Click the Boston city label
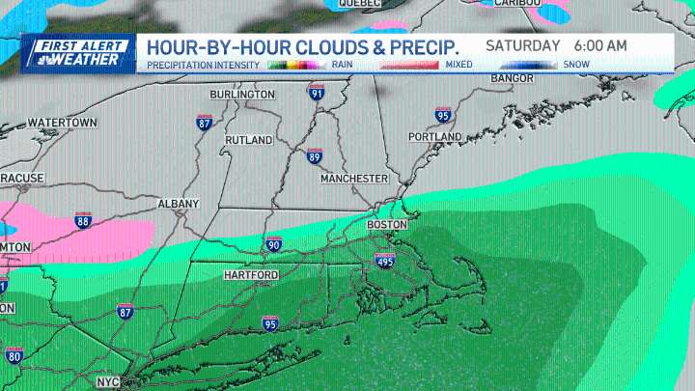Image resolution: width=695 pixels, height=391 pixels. click(388, 224)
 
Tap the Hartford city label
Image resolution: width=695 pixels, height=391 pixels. click(250, 275)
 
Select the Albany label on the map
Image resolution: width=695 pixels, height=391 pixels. click(179, 204)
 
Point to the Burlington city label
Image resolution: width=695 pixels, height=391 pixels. click(242, 94)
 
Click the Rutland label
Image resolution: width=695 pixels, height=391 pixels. click(249, 140)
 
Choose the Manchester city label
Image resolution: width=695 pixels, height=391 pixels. click(355, 179)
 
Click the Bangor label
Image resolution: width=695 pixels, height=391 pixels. click(512, 77)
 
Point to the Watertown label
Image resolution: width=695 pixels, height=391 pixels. click(63, 123)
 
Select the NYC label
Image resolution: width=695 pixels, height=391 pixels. click(107, 382)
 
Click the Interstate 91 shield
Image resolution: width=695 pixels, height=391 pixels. click(317, 94)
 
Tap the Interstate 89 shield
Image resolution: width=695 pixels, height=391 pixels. click(314, 156)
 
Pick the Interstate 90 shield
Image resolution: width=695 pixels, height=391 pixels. click(273, 245)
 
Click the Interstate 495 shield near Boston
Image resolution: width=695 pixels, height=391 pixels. click(385, 260)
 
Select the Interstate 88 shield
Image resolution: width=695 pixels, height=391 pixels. click(83, 221)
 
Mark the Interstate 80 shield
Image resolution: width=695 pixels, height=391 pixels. click(14, 356)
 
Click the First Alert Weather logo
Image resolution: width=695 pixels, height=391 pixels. click(78, 52)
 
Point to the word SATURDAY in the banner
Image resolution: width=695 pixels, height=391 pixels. click(522, 45)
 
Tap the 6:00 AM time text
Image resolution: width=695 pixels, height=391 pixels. click(600, 45)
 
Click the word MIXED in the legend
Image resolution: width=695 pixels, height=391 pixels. click(459, 65)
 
